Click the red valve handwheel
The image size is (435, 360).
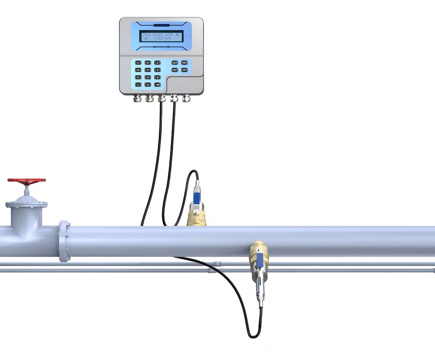pyautogui.click(x=27, y=181)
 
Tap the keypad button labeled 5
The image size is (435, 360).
pyautogui.click(x=148, y=70)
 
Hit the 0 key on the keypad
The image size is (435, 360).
pyautogui.click(x=148, y=85)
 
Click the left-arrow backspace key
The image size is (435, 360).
pyautogui.click(x=157, y=85)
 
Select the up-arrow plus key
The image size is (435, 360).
pyautogui.click(x=175, y=63)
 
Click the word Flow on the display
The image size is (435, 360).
pyautogui.click(x=147, y=34)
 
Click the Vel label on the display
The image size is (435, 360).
pyautogui.click(x=146, y=39)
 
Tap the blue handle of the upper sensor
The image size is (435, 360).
pyautogui.click(x=197, y=196)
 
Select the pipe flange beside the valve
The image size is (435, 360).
pyautogui.click(x=64, y=241)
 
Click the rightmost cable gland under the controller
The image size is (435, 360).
pyautogui.click(x=185, y=98)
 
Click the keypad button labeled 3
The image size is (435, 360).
pyautogui.click(x=157, y=63)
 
